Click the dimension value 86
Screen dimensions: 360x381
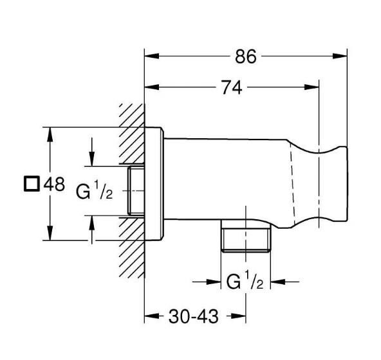tap(245, 57)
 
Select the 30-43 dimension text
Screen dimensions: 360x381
tap(194, 316)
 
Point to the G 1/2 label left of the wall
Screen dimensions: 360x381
tap(95, 191)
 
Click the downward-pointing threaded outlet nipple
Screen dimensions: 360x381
tap(246, 237)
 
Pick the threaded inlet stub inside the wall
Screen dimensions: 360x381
tap(136, 191)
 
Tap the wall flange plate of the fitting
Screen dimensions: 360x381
tap(154, 183)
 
